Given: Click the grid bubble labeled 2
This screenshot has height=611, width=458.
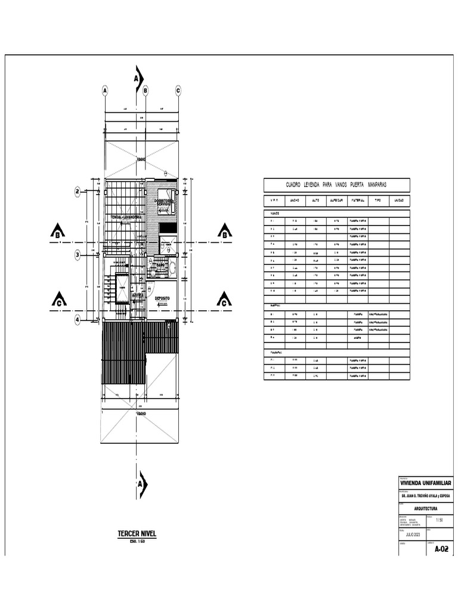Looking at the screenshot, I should tap(78, 192).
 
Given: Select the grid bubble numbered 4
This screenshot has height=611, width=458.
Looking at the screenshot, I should tap(78, 320).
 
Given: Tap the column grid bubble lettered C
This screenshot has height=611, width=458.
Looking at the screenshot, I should tap(178, 91).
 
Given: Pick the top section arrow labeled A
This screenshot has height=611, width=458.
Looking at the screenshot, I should tap(138, 79).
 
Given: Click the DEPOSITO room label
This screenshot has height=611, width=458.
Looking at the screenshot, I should tap(162, 298).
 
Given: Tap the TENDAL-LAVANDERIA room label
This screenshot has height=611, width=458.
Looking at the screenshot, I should tap(125, 217).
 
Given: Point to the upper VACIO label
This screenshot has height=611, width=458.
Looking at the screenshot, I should tap(141, 160).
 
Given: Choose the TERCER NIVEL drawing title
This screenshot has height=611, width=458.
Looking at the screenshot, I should tap(137, 533).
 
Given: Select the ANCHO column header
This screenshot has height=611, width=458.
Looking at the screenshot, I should tap(295, 200).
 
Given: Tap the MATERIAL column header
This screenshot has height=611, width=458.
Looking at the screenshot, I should tap(357, 200).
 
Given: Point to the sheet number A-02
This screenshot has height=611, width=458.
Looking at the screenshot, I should tap(441, 548).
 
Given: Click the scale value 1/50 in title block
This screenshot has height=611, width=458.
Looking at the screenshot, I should tap(440, 520).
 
